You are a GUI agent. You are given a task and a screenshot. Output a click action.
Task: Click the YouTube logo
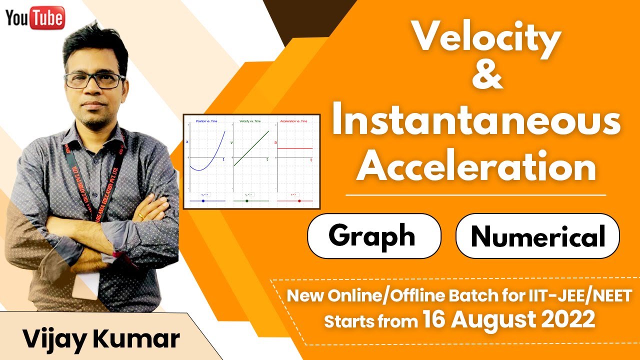click(35, 18)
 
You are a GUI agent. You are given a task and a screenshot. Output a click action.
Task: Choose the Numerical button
click(537, 236)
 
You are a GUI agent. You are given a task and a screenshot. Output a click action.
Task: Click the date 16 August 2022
click(508, 319)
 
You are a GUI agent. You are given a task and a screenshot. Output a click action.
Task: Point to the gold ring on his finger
click(141, 215)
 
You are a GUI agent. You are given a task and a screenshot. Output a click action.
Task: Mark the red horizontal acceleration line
click(295, 148)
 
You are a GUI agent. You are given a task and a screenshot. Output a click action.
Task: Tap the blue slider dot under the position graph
click(203, 201)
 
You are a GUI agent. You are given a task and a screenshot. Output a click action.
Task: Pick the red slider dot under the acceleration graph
click(299, 201)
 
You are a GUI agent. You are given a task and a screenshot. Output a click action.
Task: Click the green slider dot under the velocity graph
click(247, 201)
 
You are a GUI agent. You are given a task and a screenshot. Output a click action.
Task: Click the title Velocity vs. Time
click(250, 121)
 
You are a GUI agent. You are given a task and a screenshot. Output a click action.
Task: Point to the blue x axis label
click(187, 142)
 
